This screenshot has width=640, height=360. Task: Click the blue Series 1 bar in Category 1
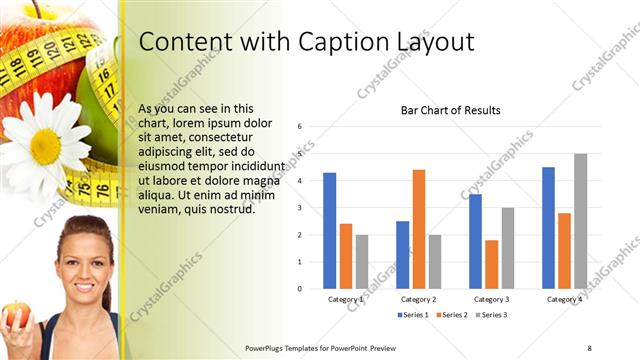point(329,231)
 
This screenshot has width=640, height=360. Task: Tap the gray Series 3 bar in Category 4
point(580,221)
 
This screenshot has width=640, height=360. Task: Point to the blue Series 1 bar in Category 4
point(548,228)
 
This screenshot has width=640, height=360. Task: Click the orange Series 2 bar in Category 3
point(491,264)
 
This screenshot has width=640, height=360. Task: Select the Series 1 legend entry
point(414,315)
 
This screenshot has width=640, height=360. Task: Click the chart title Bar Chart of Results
point(450,110)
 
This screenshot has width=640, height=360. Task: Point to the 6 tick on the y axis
point(300,127)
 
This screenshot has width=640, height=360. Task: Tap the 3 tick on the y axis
point(300,208)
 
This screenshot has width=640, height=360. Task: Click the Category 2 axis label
point(418,299)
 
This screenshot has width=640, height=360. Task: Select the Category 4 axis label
point(564,299)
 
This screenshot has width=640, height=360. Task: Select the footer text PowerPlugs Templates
point(286,348)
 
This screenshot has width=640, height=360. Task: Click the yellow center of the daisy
point(46,146)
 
